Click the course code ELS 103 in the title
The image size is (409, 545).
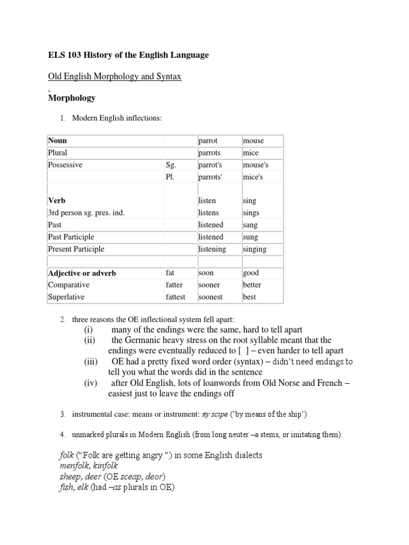pyautogui.click(x=66, y=55)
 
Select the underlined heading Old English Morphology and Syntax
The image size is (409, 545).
pyautogui.click(x=114, y=77)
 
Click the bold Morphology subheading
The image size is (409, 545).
pyautogui.click(x=72, y=98)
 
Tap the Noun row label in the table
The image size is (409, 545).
pyautogui.click(x=58, y=141)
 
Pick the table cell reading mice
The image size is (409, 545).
pyautogui.click(x=250, y=153)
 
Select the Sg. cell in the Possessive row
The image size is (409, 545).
pyautogui.click(x=171, y=165)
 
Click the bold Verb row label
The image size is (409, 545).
pyautogui.click(x=56, y=201)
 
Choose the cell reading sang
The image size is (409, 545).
pyautogui.click(x=250, y=225)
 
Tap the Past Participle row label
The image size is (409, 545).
pyautogui.click(x=71, y=237)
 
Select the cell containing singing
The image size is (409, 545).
pyautogui.click(x=255, y=249)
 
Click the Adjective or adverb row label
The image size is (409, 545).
pyautogui.click(x=82, y=273)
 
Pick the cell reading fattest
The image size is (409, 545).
pyautogui.click(x=176, y=297)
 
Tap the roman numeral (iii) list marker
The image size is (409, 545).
pyautogui.click(x=92, y=362)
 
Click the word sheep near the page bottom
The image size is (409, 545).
pyautogui.click(x=69, y=477)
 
